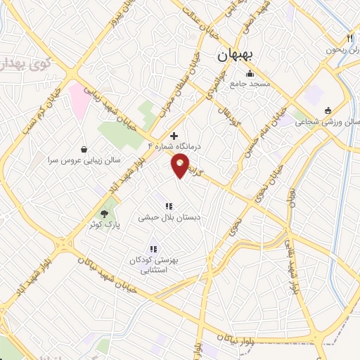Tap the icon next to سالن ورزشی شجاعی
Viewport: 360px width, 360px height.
tap(328, 110)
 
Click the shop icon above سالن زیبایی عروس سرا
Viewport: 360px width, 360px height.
tap(85, 149)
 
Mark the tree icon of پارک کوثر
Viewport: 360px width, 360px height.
tap(104, 213)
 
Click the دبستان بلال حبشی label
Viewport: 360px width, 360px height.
tap(169, 218)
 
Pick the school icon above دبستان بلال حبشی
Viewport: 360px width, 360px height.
tap(169, 206)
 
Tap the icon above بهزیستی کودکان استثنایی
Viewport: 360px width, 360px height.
tap(153, 249)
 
